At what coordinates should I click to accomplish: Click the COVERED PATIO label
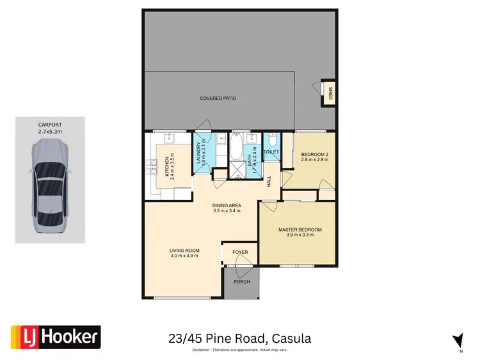(218, 99)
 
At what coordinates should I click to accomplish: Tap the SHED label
(331, 93)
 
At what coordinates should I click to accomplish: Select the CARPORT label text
(49, 126)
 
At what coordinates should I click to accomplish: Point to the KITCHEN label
(166, 166)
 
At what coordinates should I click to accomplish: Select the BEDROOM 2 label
(314, 154)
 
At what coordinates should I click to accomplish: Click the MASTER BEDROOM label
(300, 230)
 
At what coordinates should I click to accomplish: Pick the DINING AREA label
(227, 205)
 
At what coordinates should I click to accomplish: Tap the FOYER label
(240, 253)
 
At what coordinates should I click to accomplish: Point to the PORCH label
(242, 282)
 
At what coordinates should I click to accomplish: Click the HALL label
(269, 182)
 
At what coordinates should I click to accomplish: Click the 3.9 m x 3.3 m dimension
(300, 235)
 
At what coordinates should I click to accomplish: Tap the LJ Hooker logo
(56, 337)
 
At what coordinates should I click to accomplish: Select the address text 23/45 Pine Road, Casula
(240, 338)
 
